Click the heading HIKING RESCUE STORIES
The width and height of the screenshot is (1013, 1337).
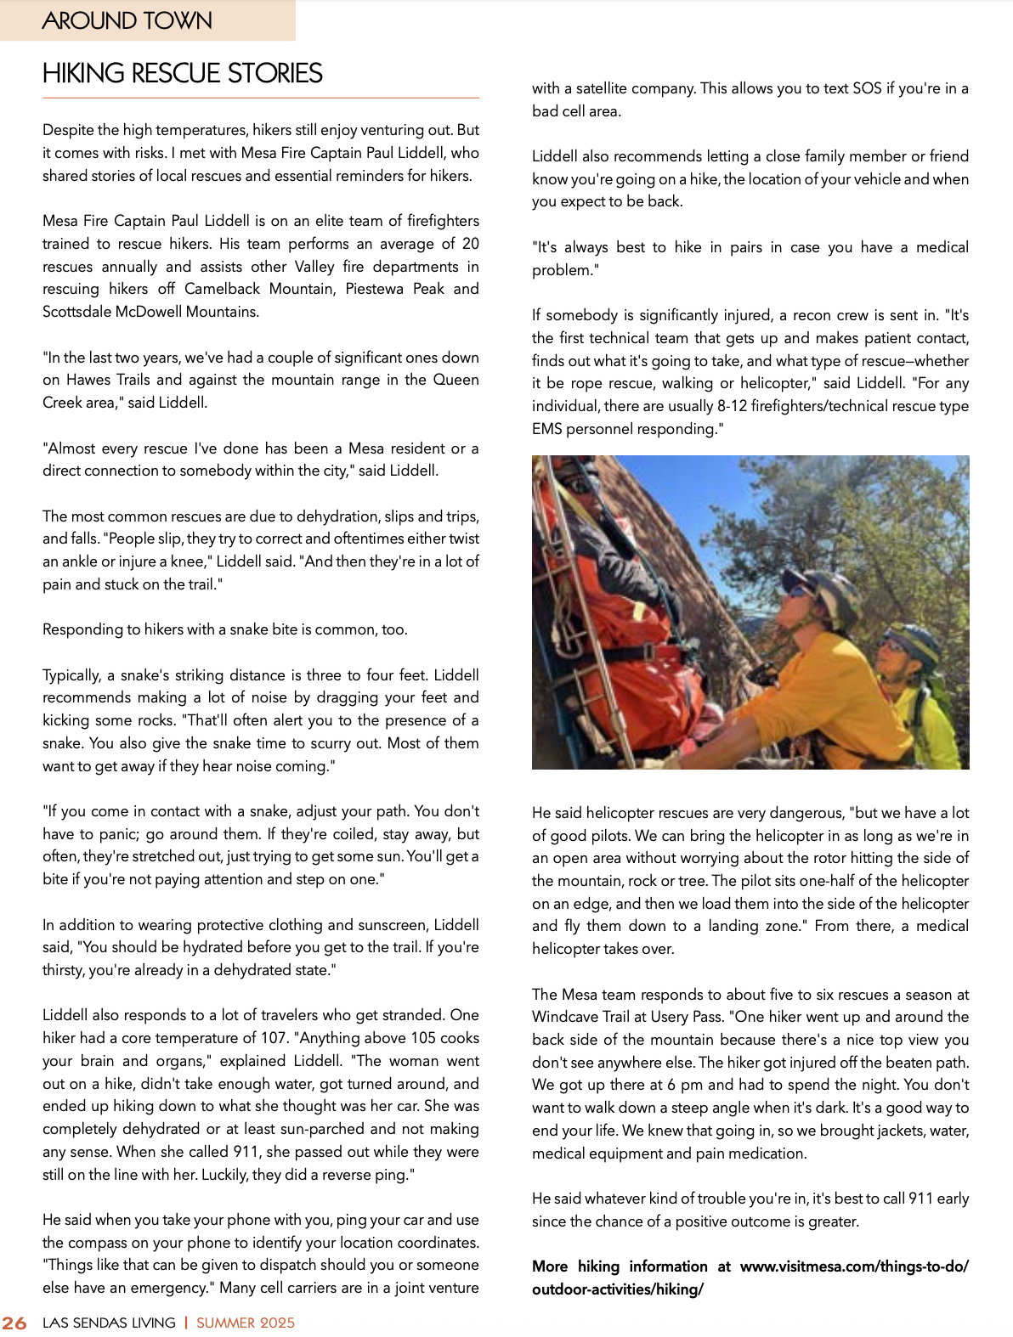(x=183, y=74)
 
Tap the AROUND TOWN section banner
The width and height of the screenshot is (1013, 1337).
(x=127, y=20)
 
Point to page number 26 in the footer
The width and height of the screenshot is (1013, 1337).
(x=14, y=1323)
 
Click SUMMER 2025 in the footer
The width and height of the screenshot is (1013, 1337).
(x=246, y=1323)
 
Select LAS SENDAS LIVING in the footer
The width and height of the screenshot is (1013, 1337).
(x=109, y=1323)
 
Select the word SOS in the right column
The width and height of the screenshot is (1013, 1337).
(x=867, y=88)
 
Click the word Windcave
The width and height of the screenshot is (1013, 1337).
(x=568, y=1017)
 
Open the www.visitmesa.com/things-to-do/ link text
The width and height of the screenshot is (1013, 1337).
(x=854, y=1266)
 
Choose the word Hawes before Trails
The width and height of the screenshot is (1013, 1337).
(x=88, y=380)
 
